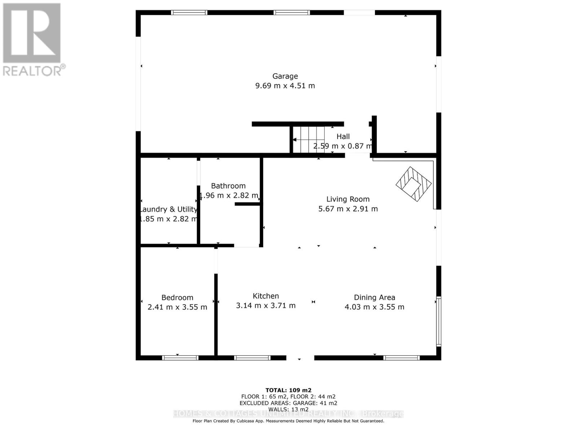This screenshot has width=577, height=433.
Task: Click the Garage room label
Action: [285, 76]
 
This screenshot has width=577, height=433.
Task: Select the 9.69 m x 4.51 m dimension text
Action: [285, 86]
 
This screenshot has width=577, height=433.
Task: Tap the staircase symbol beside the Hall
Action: [309, 140]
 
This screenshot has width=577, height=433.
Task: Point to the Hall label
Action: [343, 136]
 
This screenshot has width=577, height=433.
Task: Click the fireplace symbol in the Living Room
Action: [414, 184]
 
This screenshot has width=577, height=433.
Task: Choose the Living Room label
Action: [348, 199]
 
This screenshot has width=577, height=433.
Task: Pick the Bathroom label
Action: [228, 186]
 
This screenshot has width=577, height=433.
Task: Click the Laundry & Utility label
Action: [168, 209]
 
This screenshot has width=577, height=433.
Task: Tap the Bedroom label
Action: [177, 298]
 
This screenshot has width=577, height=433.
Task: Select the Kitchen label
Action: [266, 296]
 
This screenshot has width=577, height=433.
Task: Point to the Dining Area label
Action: [374, 298]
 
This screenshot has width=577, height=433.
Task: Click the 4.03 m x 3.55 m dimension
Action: [374, 307]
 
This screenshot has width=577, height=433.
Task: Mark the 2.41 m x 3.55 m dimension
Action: [177, 307]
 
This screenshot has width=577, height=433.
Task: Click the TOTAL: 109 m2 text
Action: [288, 390]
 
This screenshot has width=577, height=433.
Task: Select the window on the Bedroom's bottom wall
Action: [180, 358]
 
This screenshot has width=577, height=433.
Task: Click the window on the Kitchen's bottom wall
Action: [252, 358]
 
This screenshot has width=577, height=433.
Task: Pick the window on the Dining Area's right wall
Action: [439, 321]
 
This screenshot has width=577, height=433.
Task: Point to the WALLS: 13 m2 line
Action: [288, 409]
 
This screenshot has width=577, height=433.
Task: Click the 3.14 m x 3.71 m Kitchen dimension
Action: [266, 306]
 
